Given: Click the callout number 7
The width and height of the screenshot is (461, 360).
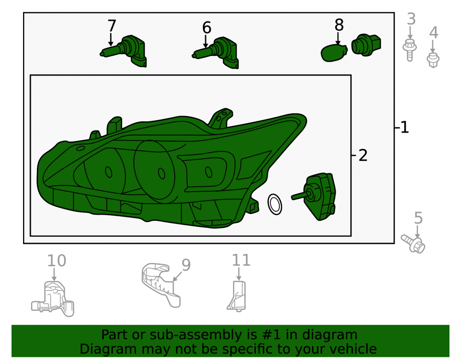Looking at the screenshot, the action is coord(112,26).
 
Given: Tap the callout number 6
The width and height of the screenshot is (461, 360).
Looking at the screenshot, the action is coord(207,28).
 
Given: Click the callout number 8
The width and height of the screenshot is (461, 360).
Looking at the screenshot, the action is coord(339,25).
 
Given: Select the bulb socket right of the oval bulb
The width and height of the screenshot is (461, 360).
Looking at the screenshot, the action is coord(366,45).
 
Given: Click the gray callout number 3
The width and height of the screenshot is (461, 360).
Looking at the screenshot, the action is coord(411,19).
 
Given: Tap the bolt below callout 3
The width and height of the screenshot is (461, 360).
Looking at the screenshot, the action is coord(409,50).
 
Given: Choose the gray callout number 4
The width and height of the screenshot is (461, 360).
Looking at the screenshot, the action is coord(434,32).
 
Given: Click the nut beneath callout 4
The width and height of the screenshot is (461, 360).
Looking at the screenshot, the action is coord(433,60).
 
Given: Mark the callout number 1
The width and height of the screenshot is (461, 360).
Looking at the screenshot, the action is coord(405,127).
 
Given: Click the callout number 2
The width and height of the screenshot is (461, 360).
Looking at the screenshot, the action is coord(363,155).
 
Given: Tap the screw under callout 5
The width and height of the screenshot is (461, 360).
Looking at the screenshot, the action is coord(413,244).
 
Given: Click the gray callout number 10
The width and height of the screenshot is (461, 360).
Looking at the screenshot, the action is coord(57,261).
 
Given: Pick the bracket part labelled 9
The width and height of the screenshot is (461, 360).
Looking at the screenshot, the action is coord(160,283).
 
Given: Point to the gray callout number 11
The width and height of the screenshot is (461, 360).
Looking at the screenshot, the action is coord(241,260).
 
